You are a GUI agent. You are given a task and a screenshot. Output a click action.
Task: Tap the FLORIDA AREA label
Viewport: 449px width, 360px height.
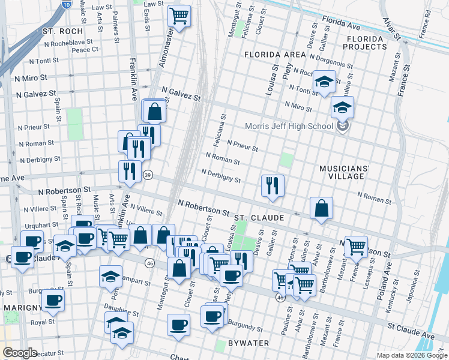coord(275,55)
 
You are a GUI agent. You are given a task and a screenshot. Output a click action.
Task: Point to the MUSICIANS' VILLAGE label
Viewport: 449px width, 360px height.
coord(350,172)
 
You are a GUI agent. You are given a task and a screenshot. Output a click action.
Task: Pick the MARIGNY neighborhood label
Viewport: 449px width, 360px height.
coord(22,307)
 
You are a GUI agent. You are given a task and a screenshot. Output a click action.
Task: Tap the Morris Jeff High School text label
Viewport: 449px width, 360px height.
coord(289,127)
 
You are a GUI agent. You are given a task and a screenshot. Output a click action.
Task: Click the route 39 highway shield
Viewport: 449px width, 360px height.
coord(148,175)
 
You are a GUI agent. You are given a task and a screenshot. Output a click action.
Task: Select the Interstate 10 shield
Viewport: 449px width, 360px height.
coord(65,4)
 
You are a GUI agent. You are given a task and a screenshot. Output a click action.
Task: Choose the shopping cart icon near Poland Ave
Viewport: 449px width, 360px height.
coord(356,247)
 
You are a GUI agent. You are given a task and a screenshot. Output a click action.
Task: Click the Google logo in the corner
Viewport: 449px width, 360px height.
coord(19,353)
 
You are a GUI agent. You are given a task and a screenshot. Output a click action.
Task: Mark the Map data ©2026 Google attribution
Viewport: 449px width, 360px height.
coord(411,355)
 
